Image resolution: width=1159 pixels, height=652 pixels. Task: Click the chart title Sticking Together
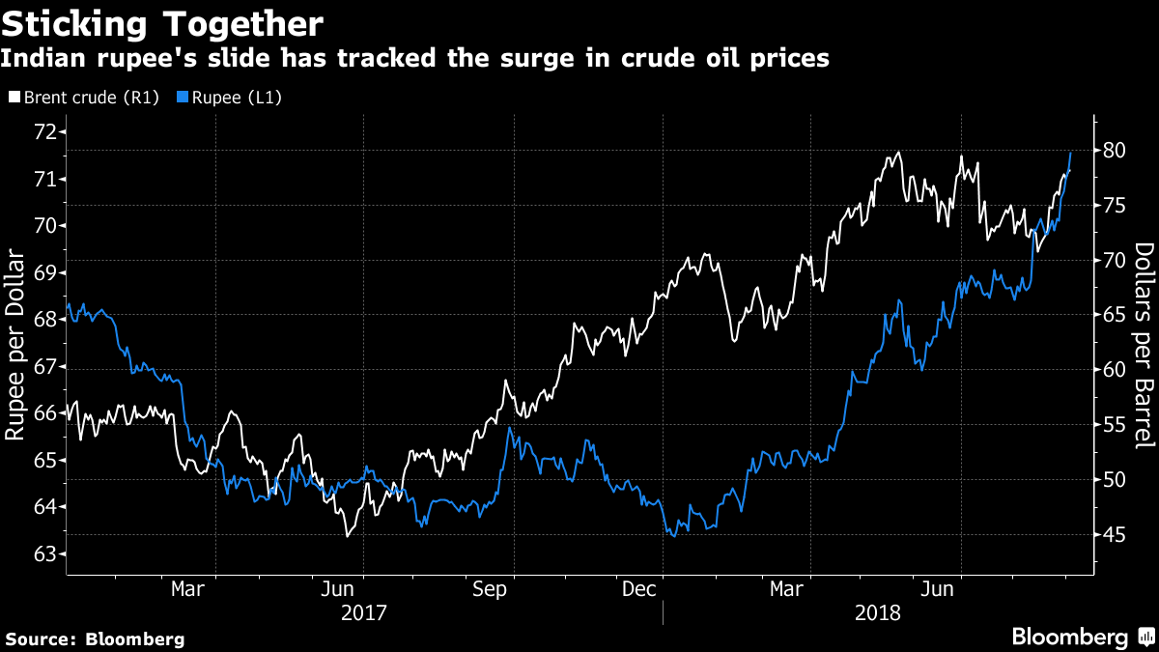pyautogui.click(x=162, y=20)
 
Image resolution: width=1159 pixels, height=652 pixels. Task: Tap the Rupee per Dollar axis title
pyautogui.click(x=16, y=345)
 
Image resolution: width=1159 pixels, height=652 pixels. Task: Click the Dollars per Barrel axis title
pyautogui.click(x=1144, y=345)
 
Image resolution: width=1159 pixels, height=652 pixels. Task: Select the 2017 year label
pyautogui.click(x=363, y=613)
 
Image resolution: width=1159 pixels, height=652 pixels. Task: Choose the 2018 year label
pyautogui.click(x=878, y=613)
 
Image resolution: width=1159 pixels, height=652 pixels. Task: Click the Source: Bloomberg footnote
pyautogui.click(x=95, y=638)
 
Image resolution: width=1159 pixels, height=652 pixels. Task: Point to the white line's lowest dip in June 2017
pyautogui.click(x=347, y=535)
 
